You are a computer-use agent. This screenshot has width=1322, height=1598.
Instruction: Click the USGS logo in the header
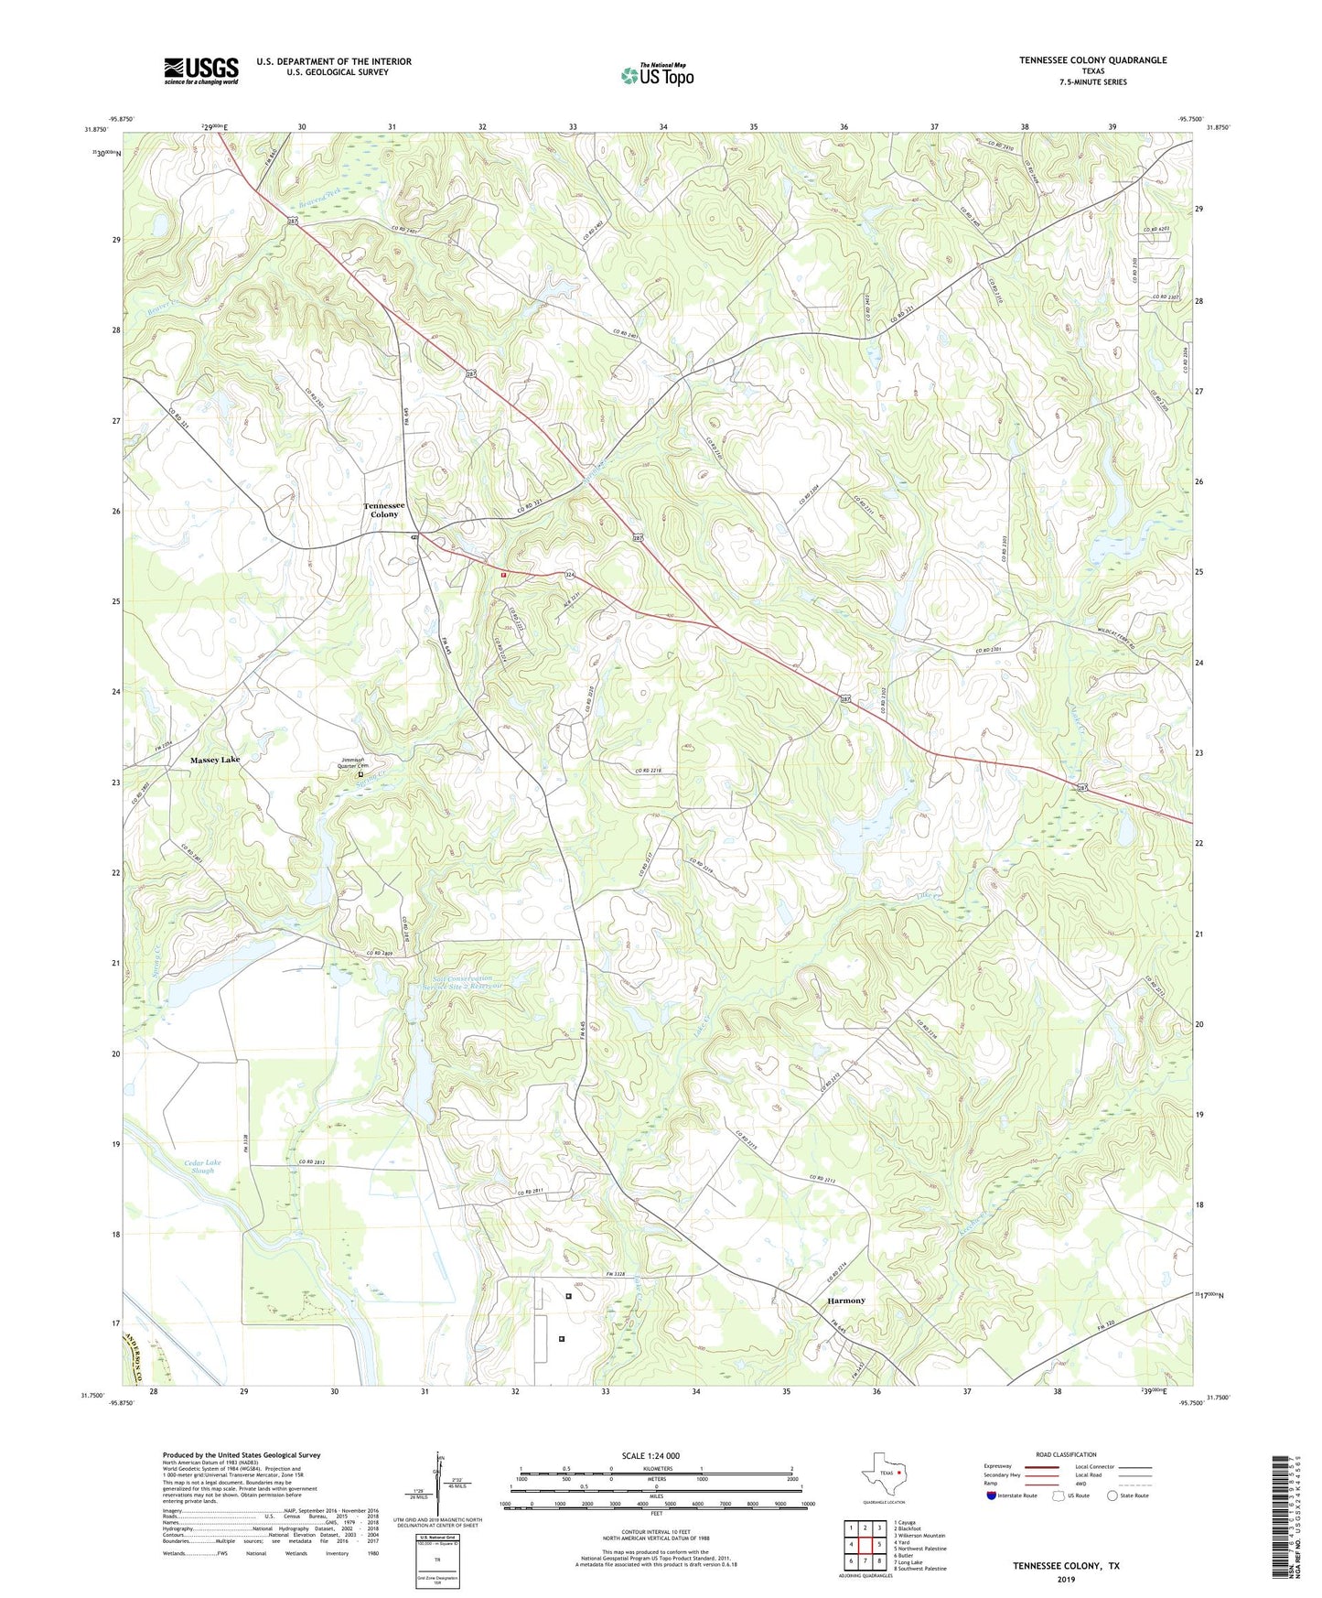click(x=201, y=70)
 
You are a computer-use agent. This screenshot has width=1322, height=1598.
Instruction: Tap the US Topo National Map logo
click(x=657, y=75)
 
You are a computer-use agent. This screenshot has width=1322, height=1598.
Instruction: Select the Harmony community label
click(x=845, y=1301)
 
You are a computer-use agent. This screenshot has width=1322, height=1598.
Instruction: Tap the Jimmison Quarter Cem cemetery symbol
click(x=360, y=774)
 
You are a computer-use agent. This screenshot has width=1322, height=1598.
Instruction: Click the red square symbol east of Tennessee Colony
click(x=503, y=574)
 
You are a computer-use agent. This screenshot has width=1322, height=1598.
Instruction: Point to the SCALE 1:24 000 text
click(x=650, y=1455)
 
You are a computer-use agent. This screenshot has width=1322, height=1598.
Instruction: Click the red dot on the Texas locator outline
click(x=900, y=1473)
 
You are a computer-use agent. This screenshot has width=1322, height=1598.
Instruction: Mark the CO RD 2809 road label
click(x=379, y=954)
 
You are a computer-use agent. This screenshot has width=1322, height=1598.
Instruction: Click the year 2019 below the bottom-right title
click(x=1066, y=1579)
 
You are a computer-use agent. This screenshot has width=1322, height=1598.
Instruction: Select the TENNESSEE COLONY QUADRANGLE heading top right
click(x=1092, y=60)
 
